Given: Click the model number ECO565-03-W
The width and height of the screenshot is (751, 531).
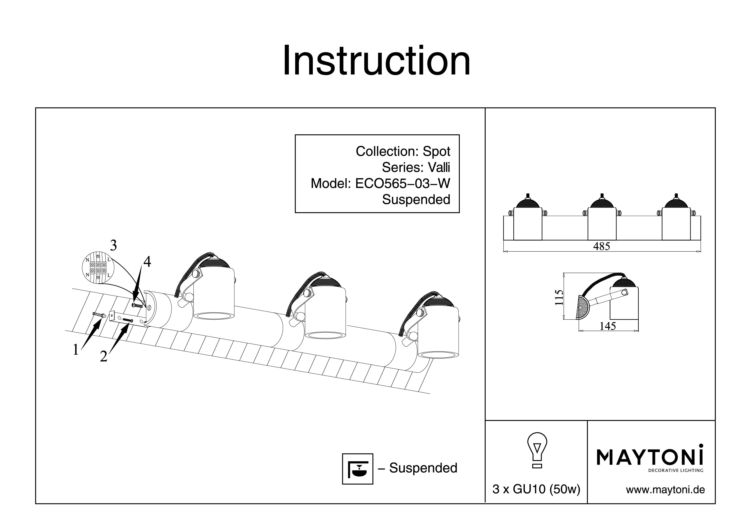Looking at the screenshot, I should [403, 183].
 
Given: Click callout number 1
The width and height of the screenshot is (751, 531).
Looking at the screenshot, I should [76, 350].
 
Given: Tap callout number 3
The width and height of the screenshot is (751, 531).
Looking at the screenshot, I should [113, 245].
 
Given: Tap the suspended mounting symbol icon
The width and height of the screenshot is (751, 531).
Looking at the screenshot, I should [358, 469].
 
